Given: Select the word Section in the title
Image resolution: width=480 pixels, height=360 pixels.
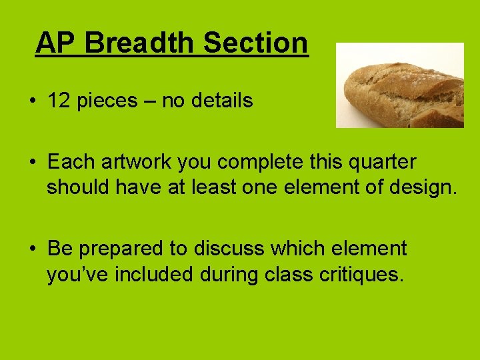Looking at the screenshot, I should (x=256, y=43).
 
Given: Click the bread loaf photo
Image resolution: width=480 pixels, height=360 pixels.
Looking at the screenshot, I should (x=399, y=85).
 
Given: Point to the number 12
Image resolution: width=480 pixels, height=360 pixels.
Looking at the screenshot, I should (x=59, y=101).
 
